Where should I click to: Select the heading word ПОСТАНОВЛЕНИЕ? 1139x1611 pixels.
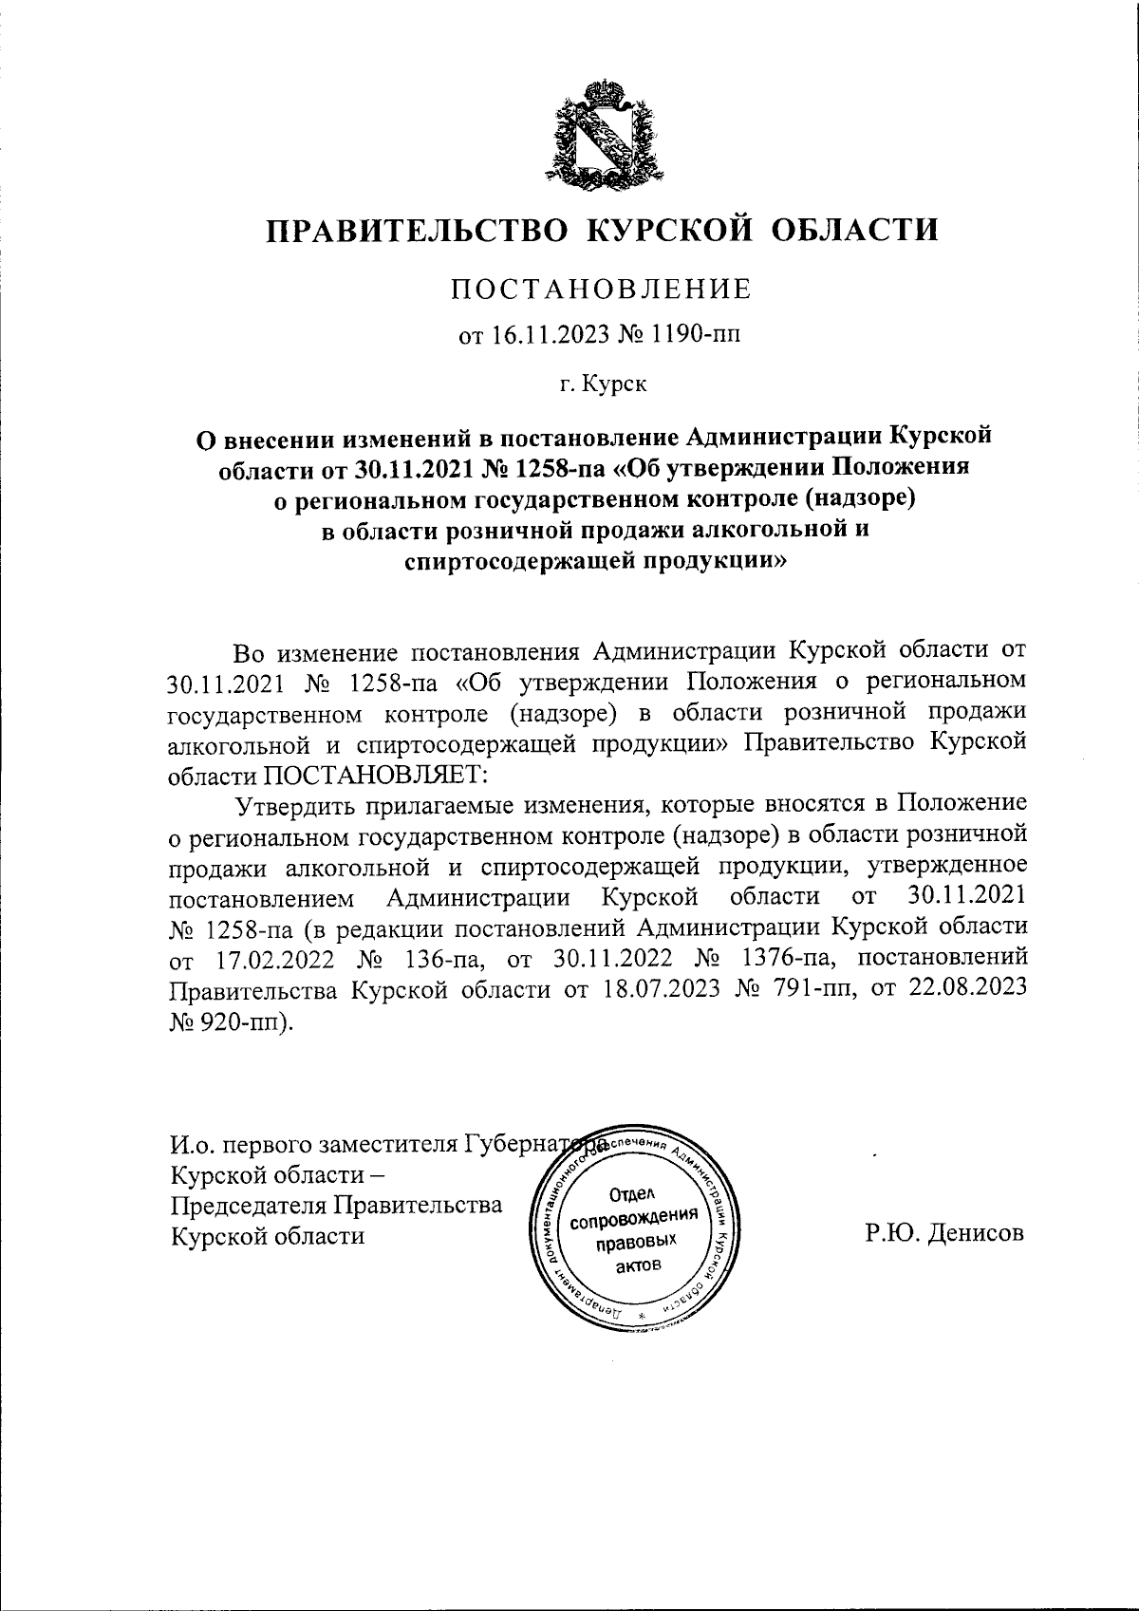(600, 289)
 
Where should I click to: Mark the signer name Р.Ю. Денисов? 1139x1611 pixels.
(943, 1234)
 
